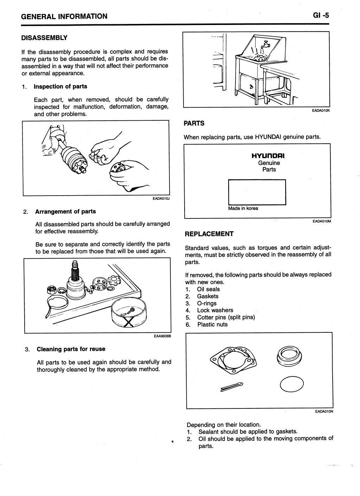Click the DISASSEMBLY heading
click(44, 38)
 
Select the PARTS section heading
click(194, 123)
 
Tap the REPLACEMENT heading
click(209, 234)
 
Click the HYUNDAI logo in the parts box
click(269, 155)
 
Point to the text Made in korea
click(243, 208)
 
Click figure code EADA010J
click(161, 199)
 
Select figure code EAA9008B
click(162, 336)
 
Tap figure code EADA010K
click(321, 110)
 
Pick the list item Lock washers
click(215, 310)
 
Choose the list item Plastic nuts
click(212, 324)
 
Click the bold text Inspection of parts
click(60, 87)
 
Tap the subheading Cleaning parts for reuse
click(71, 349)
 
